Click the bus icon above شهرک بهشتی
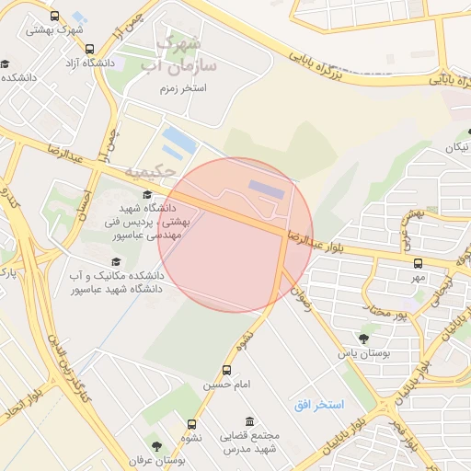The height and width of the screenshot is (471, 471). point(54,17)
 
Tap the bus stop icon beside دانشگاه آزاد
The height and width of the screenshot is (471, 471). point(88,50)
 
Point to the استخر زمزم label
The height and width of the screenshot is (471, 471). point(180,87)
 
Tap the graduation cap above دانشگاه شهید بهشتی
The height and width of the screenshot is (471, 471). point(147,192)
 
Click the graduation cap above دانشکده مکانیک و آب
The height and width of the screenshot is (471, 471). point(115,262)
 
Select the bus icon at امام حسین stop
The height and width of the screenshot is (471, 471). point(226,370)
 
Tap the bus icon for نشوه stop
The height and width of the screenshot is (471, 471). point(191,424)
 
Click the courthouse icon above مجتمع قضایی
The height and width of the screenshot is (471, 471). point(224,422)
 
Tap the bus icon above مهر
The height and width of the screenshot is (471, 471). point(419,263)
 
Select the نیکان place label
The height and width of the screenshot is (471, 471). point(456,147)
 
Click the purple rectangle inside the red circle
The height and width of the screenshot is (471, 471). point(268,187)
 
